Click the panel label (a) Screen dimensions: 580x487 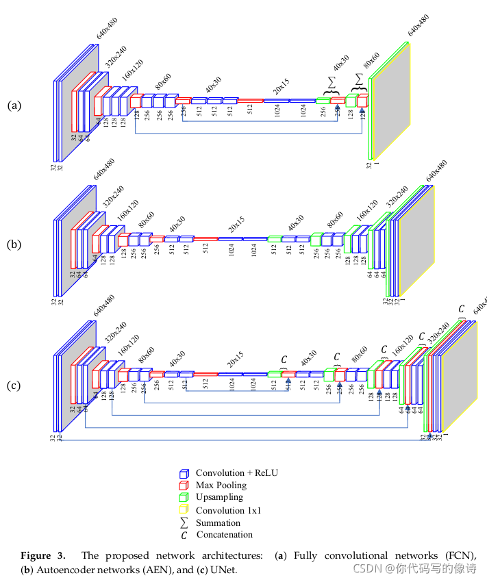(x=14, y=105)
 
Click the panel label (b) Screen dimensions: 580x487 (x=14, y=243)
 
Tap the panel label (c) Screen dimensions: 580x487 (x=14, y=386)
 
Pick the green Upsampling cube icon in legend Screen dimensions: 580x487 (x=183, y=498)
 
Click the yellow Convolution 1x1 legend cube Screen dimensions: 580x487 (x=183, y=510)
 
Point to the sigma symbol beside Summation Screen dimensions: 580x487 (x=183, y=522)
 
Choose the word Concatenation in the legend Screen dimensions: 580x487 (x=224, y=535)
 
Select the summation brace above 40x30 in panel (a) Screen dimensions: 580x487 (x=332, y=85)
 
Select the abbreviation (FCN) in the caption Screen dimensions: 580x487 (x=463, y=555)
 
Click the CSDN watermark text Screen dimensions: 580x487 (x=414, y=568)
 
